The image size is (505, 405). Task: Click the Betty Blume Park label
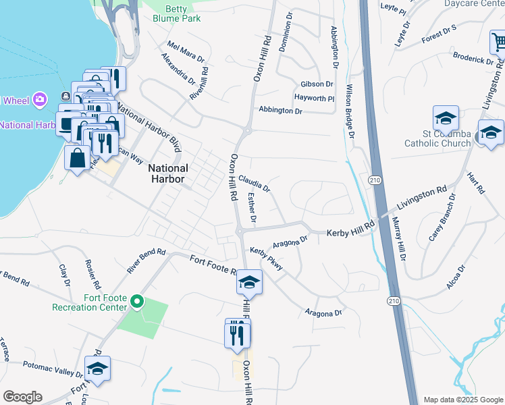pos(182,13)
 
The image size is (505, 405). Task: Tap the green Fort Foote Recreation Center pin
pos(137,301)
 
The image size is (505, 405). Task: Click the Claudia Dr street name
pos(254,183)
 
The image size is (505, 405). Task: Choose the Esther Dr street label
pos(252,209)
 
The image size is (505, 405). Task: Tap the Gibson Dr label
pos(317,84)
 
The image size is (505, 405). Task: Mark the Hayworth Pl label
pos(317,98)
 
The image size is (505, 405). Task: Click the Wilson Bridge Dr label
pos(350,111)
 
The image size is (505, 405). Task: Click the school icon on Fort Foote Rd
pos(249,281)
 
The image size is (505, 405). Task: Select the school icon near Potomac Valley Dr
pos(97,369)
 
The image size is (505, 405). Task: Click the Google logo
pos(22,397)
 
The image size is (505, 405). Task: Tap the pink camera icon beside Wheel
pos(40,100)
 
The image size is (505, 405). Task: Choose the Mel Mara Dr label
pos(185,54)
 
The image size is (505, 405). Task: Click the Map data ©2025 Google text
pos(463,400)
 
